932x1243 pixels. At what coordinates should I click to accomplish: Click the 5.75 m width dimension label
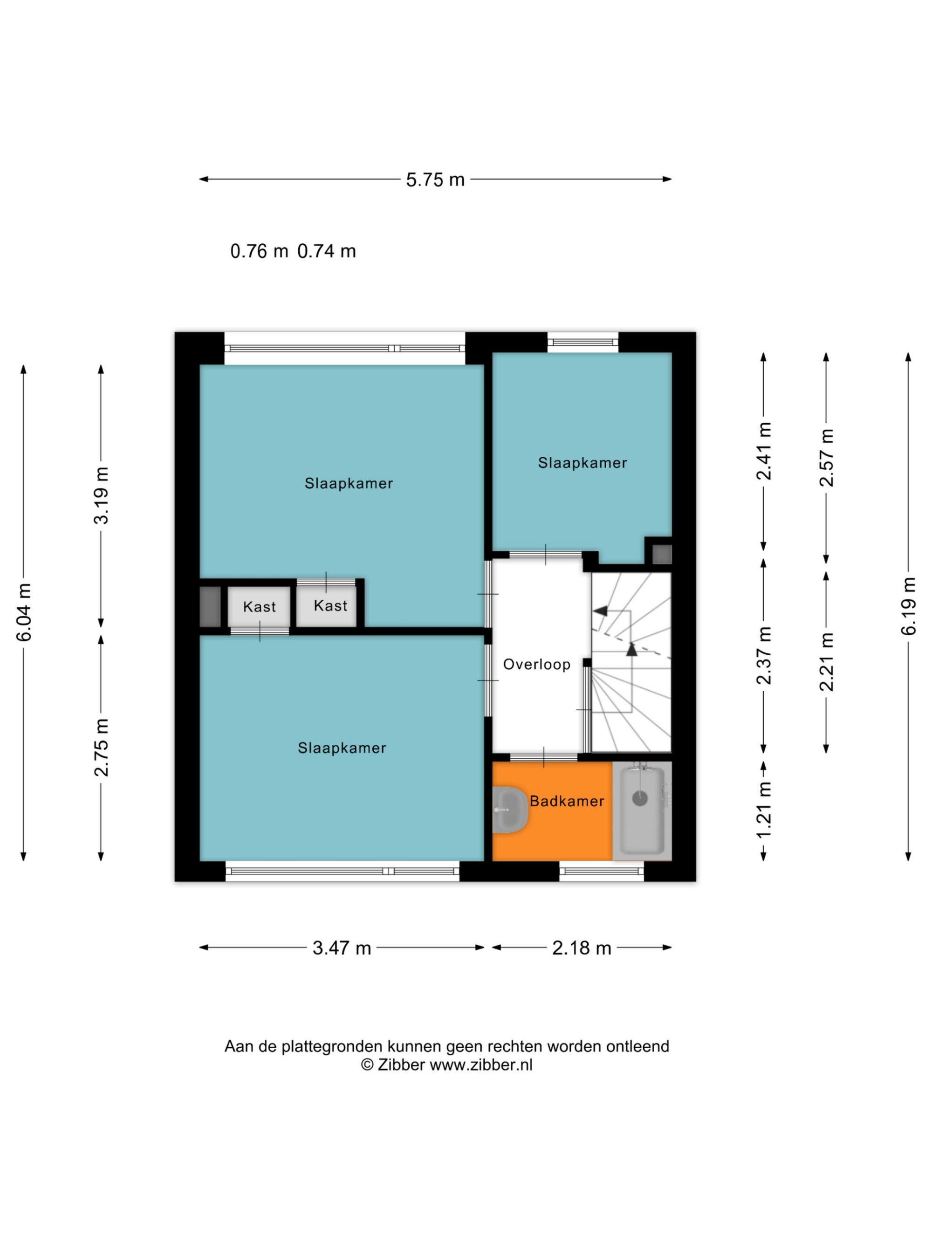tap(435, 180)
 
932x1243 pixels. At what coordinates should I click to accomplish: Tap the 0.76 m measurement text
tap(259, 251)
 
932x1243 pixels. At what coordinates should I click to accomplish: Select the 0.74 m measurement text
tap(326, 251)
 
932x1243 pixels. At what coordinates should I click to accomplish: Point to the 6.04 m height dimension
tap(24, 612)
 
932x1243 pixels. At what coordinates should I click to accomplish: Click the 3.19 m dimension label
tap(101, 495)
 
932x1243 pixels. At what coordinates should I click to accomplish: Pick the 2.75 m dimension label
tap(101, 748)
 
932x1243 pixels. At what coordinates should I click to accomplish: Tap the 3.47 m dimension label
tap(342, 948)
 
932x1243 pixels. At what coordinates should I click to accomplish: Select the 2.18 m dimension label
tap(582, 948)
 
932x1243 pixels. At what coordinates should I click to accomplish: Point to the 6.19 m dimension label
tap(908, 606)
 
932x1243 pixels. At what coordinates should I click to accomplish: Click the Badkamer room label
tap(567, 801)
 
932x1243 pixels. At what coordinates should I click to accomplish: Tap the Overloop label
tap(536, 664)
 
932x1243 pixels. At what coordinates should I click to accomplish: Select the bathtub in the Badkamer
tap(642, 810)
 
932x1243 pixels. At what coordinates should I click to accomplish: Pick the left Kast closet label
tap(259, 607)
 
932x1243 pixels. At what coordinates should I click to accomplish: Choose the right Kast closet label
tap(330, 606)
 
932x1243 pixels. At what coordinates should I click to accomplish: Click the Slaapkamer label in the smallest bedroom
tap(582, 463)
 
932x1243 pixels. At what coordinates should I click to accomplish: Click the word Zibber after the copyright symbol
tap(401, 1065)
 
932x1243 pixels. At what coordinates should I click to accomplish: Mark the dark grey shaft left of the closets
tap(210, 607)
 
